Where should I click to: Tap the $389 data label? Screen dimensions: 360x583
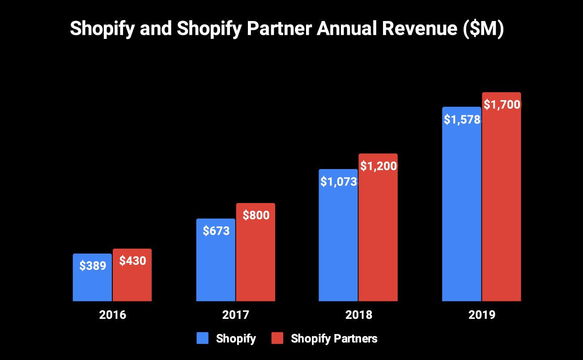(93, 266)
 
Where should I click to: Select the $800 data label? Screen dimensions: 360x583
(256, 216)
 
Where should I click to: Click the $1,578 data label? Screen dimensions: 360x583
(462, 119)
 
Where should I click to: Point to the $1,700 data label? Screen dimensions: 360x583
(502, 105)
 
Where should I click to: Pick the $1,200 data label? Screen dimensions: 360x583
(379, 166)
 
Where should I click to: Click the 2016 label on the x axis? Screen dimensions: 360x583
(112, 314)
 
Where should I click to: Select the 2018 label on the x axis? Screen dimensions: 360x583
(358, 314)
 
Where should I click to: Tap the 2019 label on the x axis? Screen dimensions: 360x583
(482, 314)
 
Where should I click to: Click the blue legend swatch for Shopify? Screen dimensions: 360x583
(203, 339)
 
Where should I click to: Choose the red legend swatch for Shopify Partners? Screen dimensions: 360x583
(277, 339)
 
